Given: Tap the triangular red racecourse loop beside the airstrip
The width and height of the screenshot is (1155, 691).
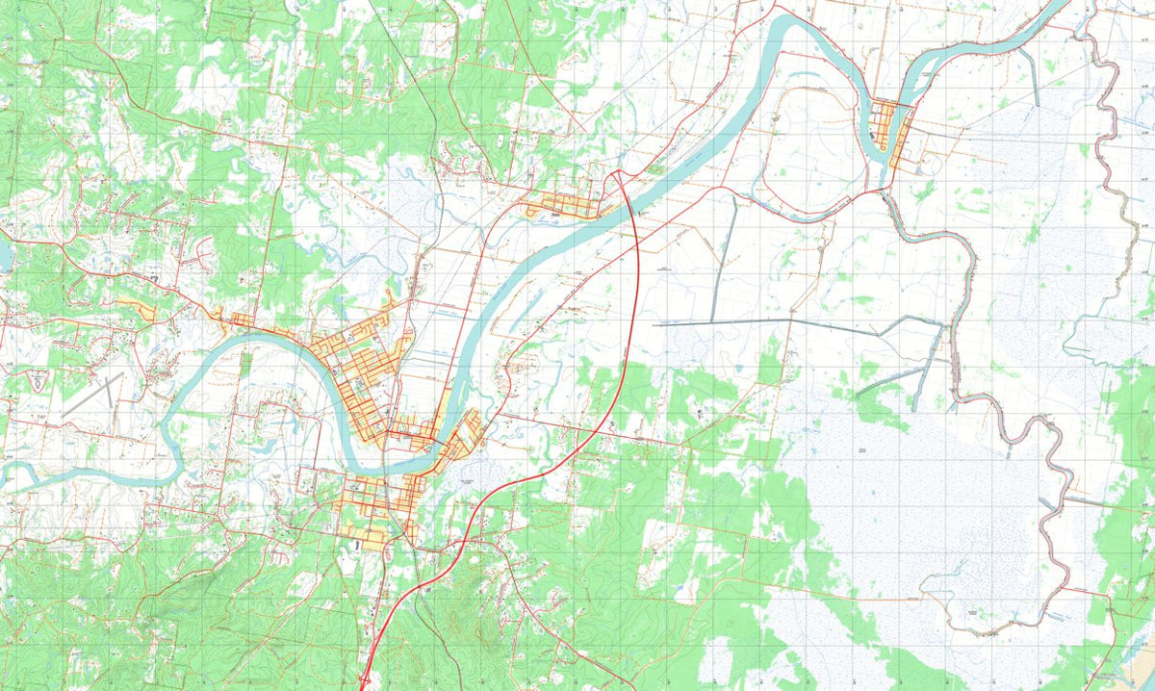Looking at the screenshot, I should [x=38, y=380].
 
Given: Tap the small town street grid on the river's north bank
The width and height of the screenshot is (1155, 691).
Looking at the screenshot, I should [x=563, y=204].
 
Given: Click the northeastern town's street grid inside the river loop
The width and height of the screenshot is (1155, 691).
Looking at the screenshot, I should [x=890, y=130].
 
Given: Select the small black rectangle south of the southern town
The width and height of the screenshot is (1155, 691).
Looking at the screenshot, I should [x=358, y=546].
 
